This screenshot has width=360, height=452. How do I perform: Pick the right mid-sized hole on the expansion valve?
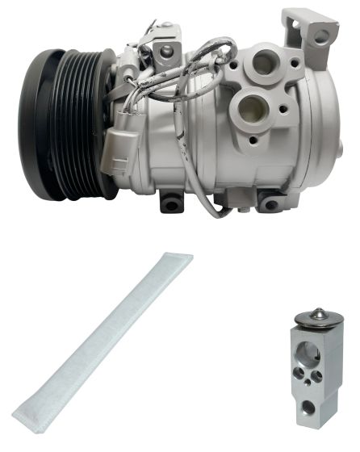[x=317, y=376]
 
